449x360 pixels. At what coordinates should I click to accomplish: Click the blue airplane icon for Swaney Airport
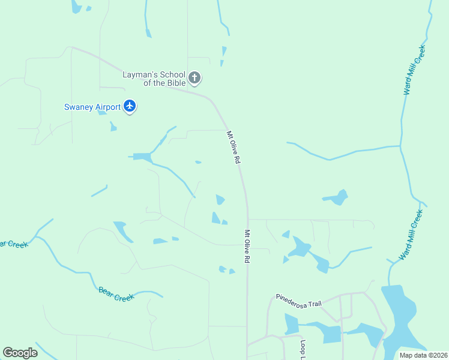(x=130, y=107)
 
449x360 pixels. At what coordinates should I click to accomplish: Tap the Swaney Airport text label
(x=92, y=107)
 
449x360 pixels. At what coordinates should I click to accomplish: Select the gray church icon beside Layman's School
(x=194, y=77)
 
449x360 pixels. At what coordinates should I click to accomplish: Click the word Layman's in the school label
(x=141, y=75)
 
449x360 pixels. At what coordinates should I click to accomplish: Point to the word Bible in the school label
(x=174, y=83)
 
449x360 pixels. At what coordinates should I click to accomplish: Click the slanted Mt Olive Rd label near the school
(x=234, y=148)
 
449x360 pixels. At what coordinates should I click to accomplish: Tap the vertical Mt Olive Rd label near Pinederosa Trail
(x=247, y=247)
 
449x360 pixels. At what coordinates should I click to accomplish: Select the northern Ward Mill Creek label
(x=415, y=70)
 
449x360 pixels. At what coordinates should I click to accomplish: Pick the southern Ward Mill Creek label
(x=412, y=234)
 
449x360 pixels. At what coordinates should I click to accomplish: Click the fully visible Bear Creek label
(x=116, y=294)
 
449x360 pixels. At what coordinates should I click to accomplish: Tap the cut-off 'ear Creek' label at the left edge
(x=10, y=244)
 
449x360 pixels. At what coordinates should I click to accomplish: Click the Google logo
(x=20, y=353)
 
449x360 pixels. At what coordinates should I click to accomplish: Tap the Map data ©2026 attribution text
(x=422, y=355)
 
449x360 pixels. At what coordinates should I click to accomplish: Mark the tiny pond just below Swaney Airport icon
(x=113, y=127)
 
